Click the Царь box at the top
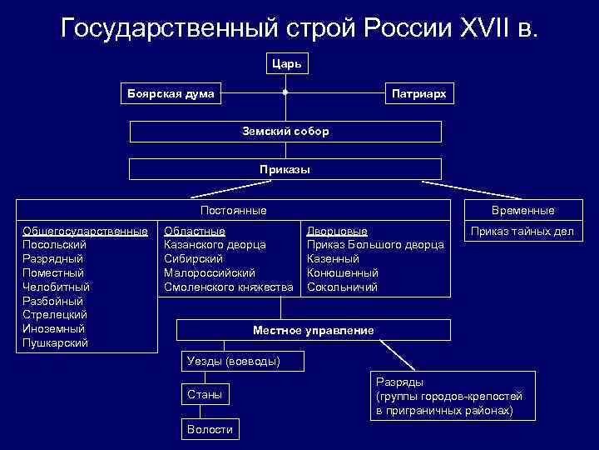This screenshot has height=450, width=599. click(x=285, y=63)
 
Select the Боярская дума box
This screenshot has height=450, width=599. click(x=171, y=93)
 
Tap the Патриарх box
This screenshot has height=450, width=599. click(x=419, y=94)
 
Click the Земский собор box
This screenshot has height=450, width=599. click(x=285, y=132)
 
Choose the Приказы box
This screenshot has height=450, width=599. click(x=285, y=169)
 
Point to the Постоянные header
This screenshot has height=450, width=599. click(x=234, y=211)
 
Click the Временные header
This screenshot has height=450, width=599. click(x=523, y=211)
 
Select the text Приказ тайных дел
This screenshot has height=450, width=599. click(x=523, y=231)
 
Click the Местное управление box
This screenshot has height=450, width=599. click(x=314, y=330)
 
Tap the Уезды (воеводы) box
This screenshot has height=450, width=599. click(x=242, y=361)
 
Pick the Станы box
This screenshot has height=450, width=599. click(x=205, y=394)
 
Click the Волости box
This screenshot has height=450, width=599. click(x=210, y=428)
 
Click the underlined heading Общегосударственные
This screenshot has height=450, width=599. click(x=85, y=231)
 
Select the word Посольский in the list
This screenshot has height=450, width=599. click(x=54, y=245)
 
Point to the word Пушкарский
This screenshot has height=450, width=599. click(x=56, y=342)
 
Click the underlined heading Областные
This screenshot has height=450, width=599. click(x=195, y=231)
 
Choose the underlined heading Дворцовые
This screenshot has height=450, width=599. click(x=337, y=231)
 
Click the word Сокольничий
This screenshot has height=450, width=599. click(x=342, y=287)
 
